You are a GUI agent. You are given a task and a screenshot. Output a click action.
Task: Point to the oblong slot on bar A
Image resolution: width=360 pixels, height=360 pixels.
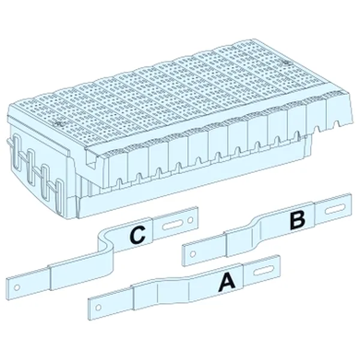click(262, 271)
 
